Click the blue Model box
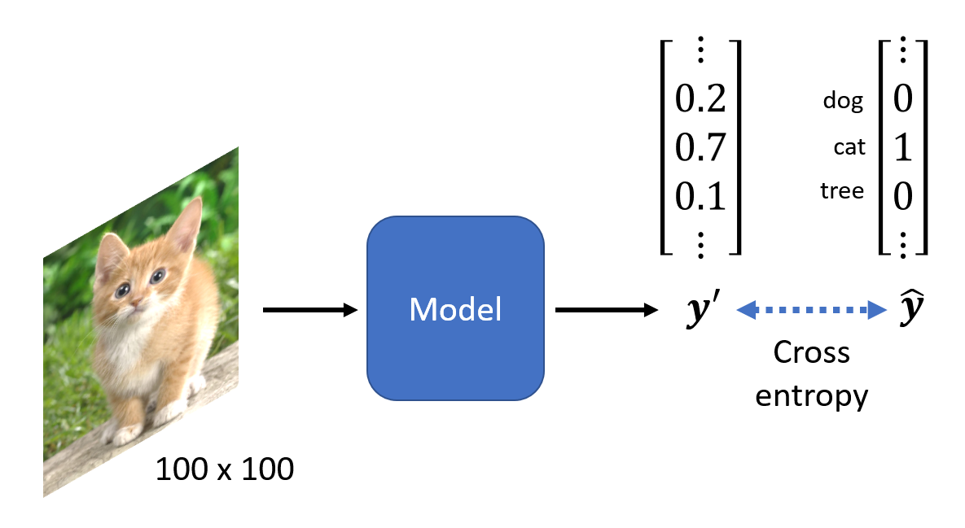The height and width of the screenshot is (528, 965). click(x=454, y=308)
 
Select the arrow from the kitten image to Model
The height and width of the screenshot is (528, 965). click(x=310, y=309)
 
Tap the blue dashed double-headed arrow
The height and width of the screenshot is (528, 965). click(x=811, y=309)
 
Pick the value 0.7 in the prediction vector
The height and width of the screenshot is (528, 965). click(x=700, y=149)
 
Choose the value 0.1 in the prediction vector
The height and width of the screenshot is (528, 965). click(x=700, y=196)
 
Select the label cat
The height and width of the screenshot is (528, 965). click(x=849, y=148)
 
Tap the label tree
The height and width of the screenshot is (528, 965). click(x=842, y=191)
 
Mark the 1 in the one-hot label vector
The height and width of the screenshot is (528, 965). click(x=902, y=149)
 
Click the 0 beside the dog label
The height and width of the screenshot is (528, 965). click(x=902, y=100)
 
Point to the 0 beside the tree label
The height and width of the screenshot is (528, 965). click(x=902, y=196)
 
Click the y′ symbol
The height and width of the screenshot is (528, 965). click(x=700, y=311)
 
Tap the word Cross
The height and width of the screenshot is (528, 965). click(x=811, y=353)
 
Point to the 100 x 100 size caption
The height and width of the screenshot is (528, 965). click(x=224, y=469)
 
